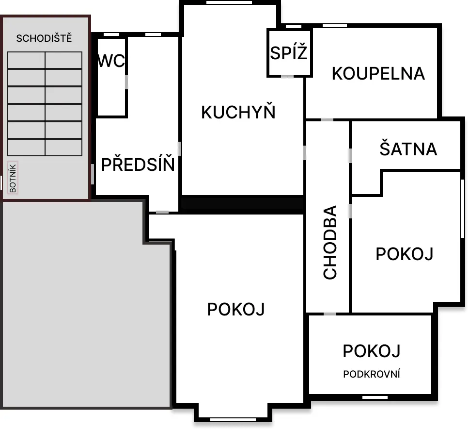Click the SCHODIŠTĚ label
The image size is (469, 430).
pos(44,38)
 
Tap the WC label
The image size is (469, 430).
pos(111,61)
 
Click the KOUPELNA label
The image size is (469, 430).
pos(378,73)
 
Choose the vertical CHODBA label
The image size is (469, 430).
pos(330,242)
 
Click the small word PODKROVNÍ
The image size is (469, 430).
pos(372,374)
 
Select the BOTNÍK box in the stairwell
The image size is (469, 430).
pos(13,178)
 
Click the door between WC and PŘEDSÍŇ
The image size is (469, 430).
pos(126,82)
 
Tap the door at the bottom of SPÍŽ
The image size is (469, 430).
pos(287,76)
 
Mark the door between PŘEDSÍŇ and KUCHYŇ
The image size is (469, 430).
pos(179,149)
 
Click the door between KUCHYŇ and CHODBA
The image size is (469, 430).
pos(305,152)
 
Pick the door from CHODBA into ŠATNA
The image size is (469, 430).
pos(350,156)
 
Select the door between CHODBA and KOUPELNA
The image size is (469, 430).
pos(327,120)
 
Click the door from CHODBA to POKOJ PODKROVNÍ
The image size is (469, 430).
pos(330,314)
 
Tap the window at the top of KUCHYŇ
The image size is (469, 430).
pos(229,2)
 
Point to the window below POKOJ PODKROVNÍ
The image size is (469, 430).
pos(375,397)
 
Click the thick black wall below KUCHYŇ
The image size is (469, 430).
pos(243,205)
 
